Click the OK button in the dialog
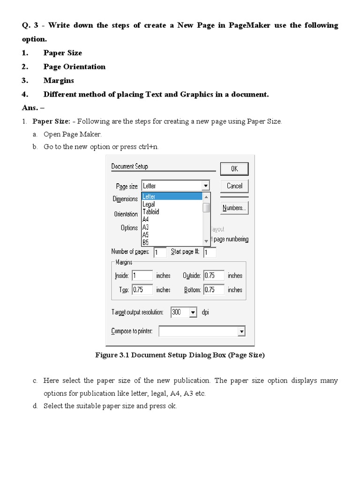point(234,169)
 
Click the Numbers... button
point(234,208)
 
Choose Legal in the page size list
point(149,204)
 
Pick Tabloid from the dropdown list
point(150,212)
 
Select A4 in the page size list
point(146,219)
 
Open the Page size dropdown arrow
point(205,186)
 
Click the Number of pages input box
point(160,252)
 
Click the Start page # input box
point(210,252)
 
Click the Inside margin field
point(142,276)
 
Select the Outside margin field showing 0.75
point(213,276)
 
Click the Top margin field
point(142,290)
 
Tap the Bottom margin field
point(213,290)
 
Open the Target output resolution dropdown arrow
point(193,312)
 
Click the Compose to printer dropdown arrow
point(241,331)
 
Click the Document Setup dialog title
point(129,166)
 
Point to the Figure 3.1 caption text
point(180,355)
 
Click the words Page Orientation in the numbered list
point(75,67)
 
